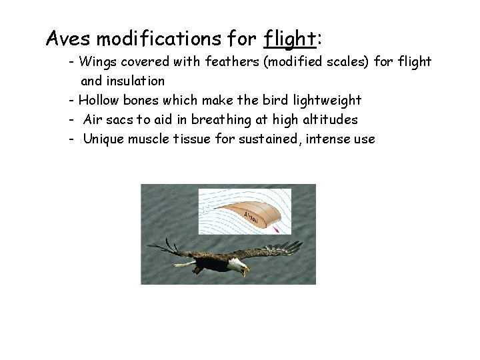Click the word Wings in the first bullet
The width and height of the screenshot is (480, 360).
(95, 62)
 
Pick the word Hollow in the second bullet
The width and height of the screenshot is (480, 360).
(99, 100)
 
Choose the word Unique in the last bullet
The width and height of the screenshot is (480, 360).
(104, 139)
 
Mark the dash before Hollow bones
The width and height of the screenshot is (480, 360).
(71, 100)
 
